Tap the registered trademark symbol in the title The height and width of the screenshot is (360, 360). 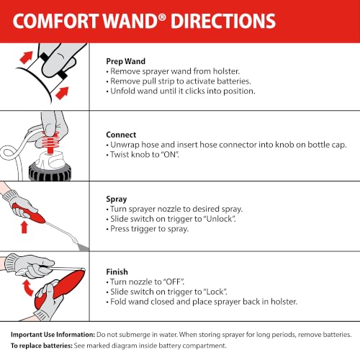pyautogui.click(x=162, y=17)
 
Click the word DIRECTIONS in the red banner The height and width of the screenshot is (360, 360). pyautogui.click(x=223, y=21)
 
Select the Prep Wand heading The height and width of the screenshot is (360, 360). pyautogui.click(x=125, y=61)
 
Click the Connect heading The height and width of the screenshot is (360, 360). pyautogui.click(x=121, y=135)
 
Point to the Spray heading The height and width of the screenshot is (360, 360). pyautogui.click(x=117, y=199)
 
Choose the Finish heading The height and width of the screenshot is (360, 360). pyautogui.click(x=117, y=271)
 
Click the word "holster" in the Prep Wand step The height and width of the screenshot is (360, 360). pyautogui.click(x=226, y=71)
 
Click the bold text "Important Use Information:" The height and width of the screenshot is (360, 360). pyautogui.click(x=53, y=335)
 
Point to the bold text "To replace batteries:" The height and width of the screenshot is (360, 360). pyautogui.click(x=42, y=346)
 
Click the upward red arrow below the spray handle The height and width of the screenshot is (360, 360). pyautogui.click(x=24, y=228)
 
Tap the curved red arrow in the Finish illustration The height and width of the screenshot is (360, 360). pyautogui.click(x=27, y=288)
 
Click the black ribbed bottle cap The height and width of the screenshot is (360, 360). pyautogui.click(x=50, y=172)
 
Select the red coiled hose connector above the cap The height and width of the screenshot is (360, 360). pyautogui.click(x=50, y=142)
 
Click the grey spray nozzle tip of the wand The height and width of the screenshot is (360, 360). pyautogui.click(x=82, y=246)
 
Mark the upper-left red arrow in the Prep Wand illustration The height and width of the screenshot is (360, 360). pyautogui.click(x=26, y=58)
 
